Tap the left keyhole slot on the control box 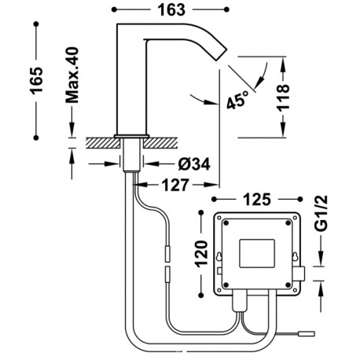(219, 254)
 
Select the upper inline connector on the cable (167, 253)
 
